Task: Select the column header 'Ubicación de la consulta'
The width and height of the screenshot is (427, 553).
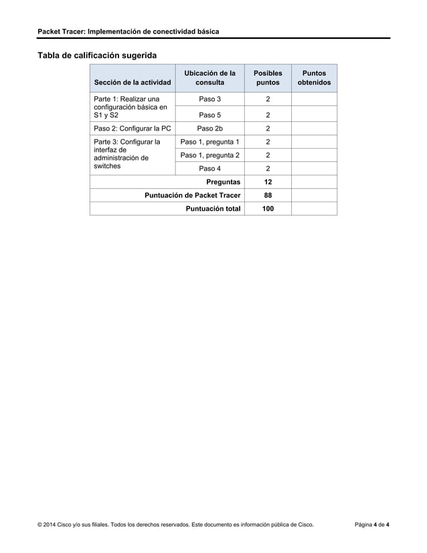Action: click(x=210, y=78)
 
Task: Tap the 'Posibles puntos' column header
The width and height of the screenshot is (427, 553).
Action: click(x=268, y=78)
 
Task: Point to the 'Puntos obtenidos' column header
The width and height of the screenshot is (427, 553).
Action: click(x=314, y=78)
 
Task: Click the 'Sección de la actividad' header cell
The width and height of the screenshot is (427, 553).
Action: click(x=133, y=83)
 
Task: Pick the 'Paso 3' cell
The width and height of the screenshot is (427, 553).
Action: click(x=210, y=100)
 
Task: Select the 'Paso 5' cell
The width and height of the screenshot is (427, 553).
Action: click(x=210, y=114)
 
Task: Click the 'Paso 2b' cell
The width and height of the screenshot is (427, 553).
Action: click(x=210, y=129)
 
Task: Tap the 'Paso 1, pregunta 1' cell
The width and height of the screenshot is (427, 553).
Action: click(x=210, y=142)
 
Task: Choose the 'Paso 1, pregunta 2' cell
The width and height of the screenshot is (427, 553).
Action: click(x=210, y=155)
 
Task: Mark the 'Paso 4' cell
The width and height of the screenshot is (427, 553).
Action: click(x=210, y=169)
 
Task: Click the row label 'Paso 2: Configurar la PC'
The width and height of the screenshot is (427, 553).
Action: click(x=133, y=129)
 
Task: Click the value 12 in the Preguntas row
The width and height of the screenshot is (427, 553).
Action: click(x=268, y=182)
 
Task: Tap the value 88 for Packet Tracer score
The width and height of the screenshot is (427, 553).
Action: click(x=268, y=195)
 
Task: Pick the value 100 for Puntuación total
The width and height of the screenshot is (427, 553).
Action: click(x=268, y=209)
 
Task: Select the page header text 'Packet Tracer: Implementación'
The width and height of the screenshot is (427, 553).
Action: click(x=128, y=31)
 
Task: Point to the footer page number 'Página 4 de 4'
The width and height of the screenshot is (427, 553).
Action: click(x=372, y=533)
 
